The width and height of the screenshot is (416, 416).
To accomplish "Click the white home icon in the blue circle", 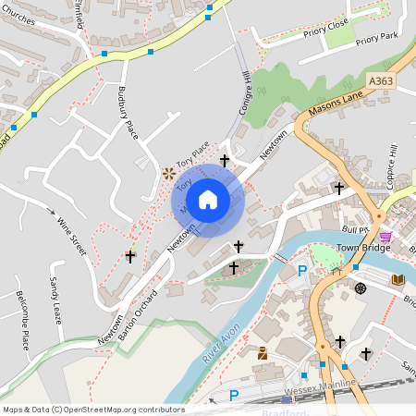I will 208,200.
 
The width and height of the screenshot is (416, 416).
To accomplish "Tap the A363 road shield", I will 381,82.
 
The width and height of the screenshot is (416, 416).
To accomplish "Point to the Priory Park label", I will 375,41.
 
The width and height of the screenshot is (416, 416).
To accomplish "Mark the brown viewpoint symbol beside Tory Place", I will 169,173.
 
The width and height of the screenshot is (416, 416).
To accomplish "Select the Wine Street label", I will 71,235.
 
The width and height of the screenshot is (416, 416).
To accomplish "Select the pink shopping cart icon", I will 385,237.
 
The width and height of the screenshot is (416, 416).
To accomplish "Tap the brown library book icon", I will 398,279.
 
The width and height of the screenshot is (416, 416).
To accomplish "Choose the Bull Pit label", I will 355,228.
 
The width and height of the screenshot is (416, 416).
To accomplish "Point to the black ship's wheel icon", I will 361,288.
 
